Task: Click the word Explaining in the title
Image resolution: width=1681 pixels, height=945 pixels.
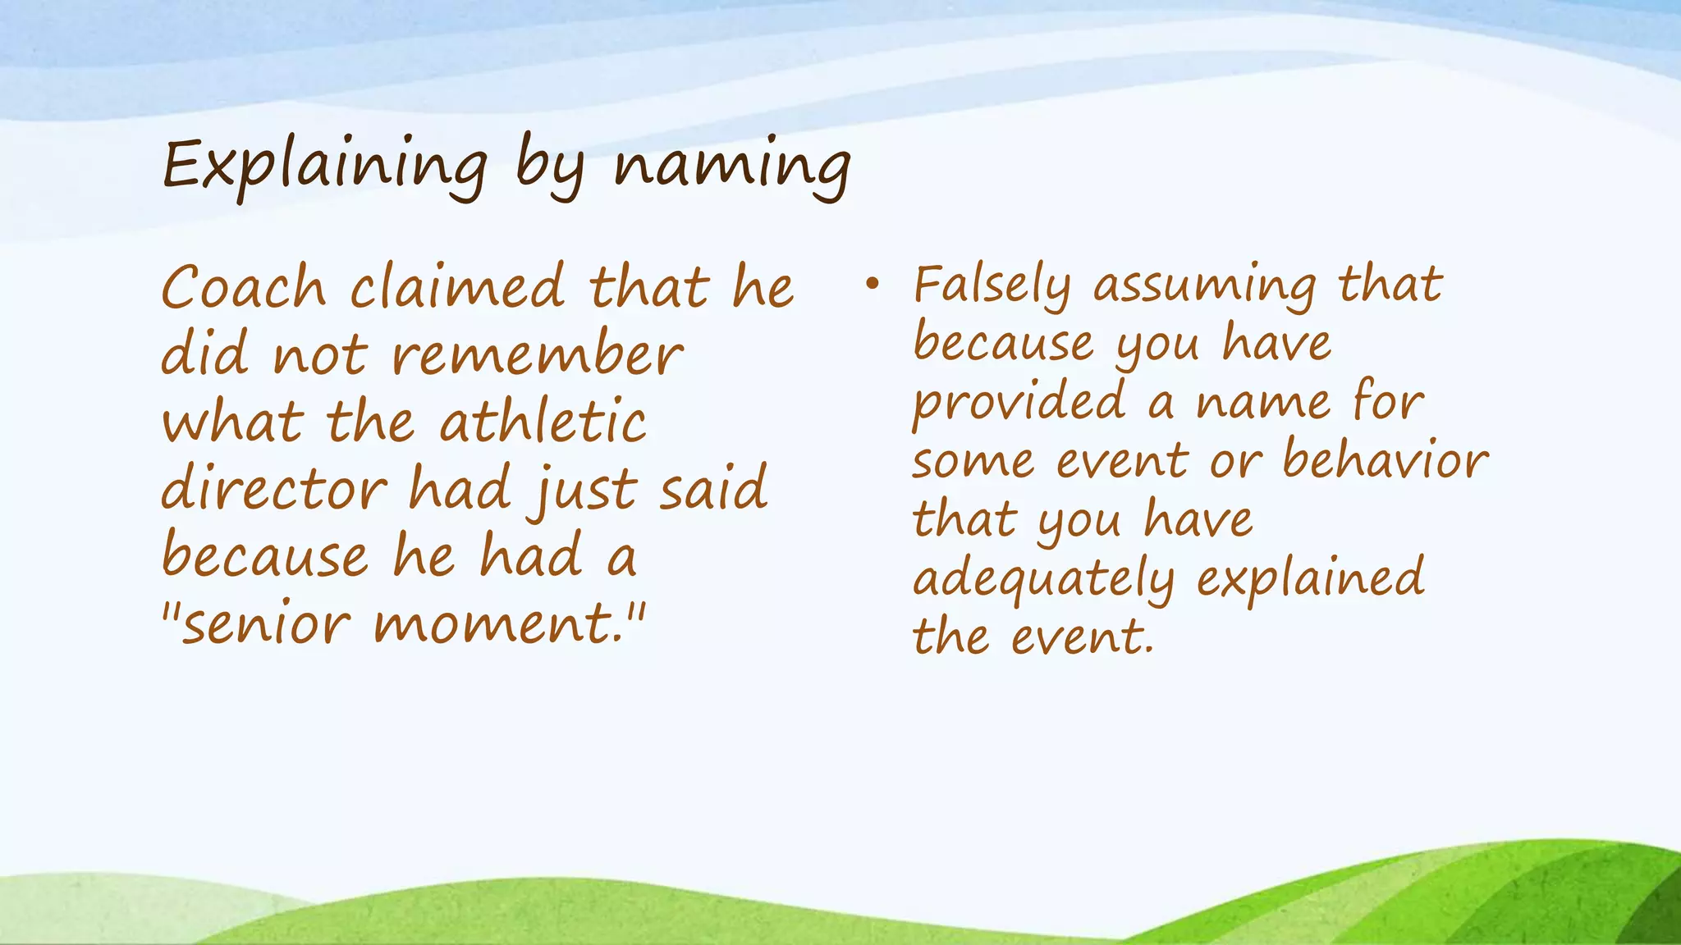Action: (325, 167)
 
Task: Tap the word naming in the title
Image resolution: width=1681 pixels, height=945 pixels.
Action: (732, 167)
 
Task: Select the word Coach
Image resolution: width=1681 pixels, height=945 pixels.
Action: (244, 288)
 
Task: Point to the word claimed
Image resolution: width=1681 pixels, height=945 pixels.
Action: (457, 288)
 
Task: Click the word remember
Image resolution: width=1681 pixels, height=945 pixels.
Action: (537, 356)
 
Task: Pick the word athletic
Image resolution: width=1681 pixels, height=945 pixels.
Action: (543, 423)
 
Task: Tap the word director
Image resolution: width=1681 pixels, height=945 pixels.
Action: (273, 490)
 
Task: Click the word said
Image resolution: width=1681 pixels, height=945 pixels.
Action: (712, 490)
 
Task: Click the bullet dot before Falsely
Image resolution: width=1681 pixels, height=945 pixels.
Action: (872, 285)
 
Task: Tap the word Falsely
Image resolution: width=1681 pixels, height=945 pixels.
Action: (992, 286)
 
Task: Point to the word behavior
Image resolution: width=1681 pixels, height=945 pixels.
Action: (1385, 460)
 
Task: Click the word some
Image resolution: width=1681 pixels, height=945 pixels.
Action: (973, 462)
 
